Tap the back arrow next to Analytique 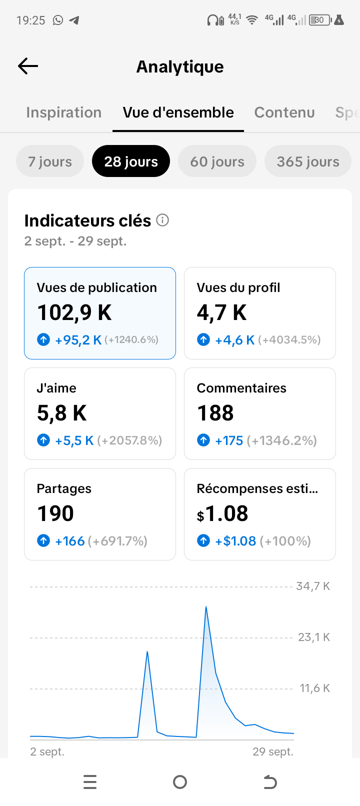[28, 66]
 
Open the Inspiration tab [63, 112]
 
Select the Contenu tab [284, 112]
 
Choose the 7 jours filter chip [50, 161]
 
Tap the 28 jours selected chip [131, 161]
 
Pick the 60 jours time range [217, 161]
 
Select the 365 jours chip [308, 161]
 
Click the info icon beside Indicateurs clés [162, 220]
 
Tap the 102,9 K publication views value [74, 312]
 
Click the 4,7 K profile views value [222, 312]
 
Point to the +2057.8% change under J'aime [129, 440]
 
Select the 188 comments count [215, 412]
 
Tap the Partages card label [64, 488]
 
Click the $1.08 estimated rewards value [222, 513]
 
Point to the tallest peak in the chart [206, 606]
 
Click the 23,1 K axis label [314, 637]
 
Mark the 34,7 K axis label [313, 586]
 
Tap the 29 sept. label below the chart [273, 751]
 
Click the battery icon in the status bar [320, 20]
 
